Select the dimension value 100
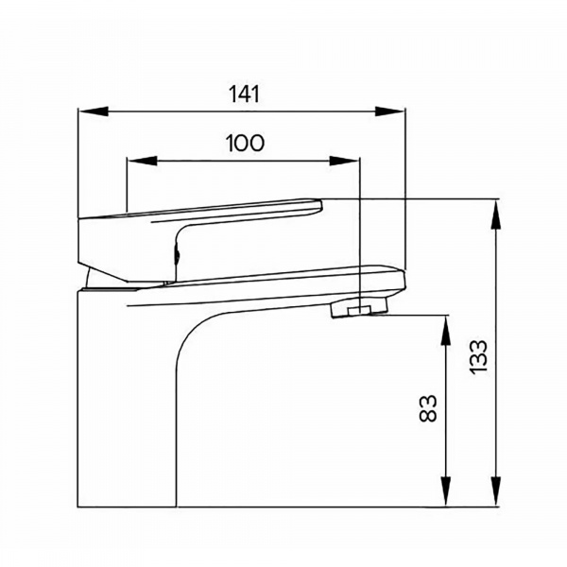point(245,143)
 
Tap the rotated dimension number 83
point(427,408)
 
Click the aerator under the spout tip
point(360,308)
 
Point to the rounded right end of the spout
point(399,279)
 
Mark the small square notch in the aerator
point(356,310)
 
